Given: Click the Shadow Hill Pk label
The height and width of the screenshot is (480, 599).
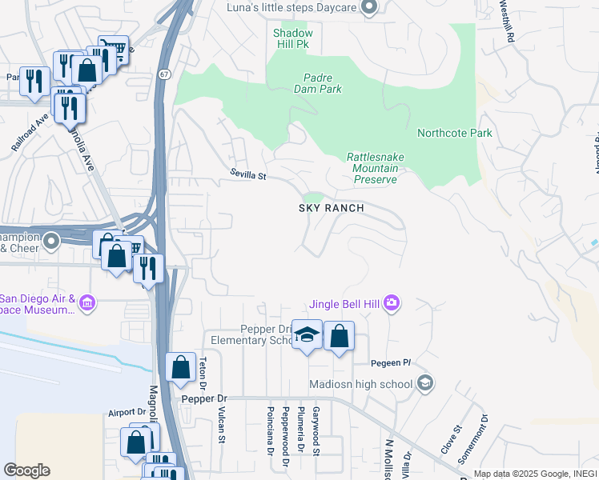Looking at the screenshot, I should tap(291, 38).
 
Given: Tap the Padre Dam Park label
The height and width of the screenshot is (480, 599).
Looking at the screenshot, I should tap(323, 83).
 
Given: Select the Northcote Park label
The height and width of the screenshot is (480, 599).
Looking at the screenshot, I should tap(454, 133).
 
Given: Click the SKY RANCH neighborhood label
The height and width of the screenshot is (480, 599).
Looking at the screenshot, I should tap(332, 208).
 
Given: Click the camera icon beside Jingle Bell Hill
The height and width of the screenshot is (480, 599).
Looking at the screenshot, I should tap(392, 302).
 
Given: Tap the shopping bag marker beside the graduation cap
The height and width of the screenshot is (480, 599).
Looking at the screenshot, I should tap(339, 337).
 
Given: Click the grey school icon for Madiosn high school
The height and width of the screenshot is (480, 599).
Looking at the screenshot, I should tap(426, 383).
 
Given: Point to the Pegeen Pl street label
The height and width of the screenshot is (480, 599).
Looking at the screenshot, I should tap(396, 363).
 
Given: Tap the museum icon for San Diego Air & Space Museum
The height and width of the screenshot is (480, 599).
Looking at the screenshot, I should tap(87, 303).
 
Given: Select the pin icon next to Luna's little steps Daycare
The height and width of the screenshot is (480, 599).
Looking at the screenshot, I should tap(368, 8).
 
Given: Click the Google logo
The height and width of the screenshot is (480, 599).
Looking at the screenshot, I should tap(26, 470).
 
